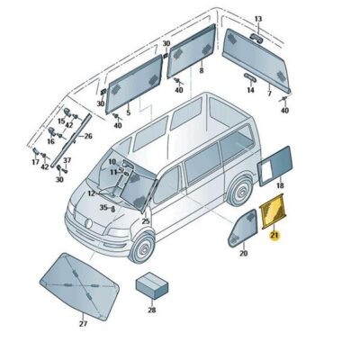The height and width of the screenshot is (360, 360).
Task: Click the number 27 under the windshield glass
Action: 83,323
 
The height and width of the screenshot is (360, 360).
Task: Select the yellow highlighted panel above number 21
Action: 271,214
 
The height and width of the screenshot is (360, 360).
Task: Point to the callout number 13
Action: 257,19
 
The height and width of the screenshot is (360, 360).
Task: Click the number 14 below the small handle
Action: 251,78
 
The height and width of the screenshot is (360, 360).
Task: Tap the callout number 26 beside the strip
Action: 87,136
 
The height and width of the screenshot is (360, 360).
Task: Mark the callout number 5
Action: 128,112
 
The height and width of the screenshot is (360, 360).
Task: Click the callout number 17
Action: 36,163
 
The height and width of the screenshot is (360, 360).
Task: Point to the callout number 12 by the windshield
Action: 92,193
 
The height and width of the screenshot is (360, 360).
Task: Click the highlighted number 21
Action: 275,236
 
